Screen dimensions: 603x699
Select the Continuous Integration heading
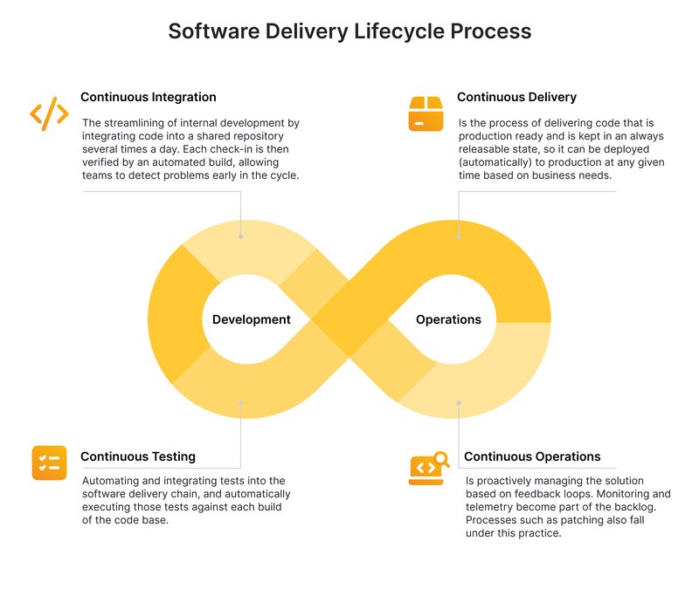click(149, 97)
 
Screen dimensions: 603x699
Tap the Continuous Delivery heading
click(516, 97)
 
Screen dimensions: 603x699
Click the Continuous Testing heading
click(138, 456)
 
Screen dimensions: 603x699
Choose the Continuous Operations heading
click(532, 456)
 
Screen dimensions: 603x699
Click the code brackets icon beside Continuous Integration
click(49, 113)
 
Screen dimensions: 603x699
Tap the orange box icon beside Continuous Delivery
click(426, 113)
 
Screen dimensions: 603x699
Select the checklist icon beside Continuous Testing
click(49, 463)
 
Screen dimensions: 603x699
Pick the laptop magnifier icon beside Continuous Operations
click(428, 467)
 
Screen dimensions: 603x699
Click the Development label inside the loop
click(252, 319)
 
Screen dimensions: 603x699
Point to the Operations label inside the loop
click(448, 319)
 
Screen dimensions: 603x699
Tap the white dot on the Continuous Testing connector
click(241, 402)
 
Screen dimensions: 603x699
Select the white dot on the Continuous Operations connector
click(458, 402)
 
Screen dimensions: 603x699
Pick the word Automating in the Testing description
click(113, 481)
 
